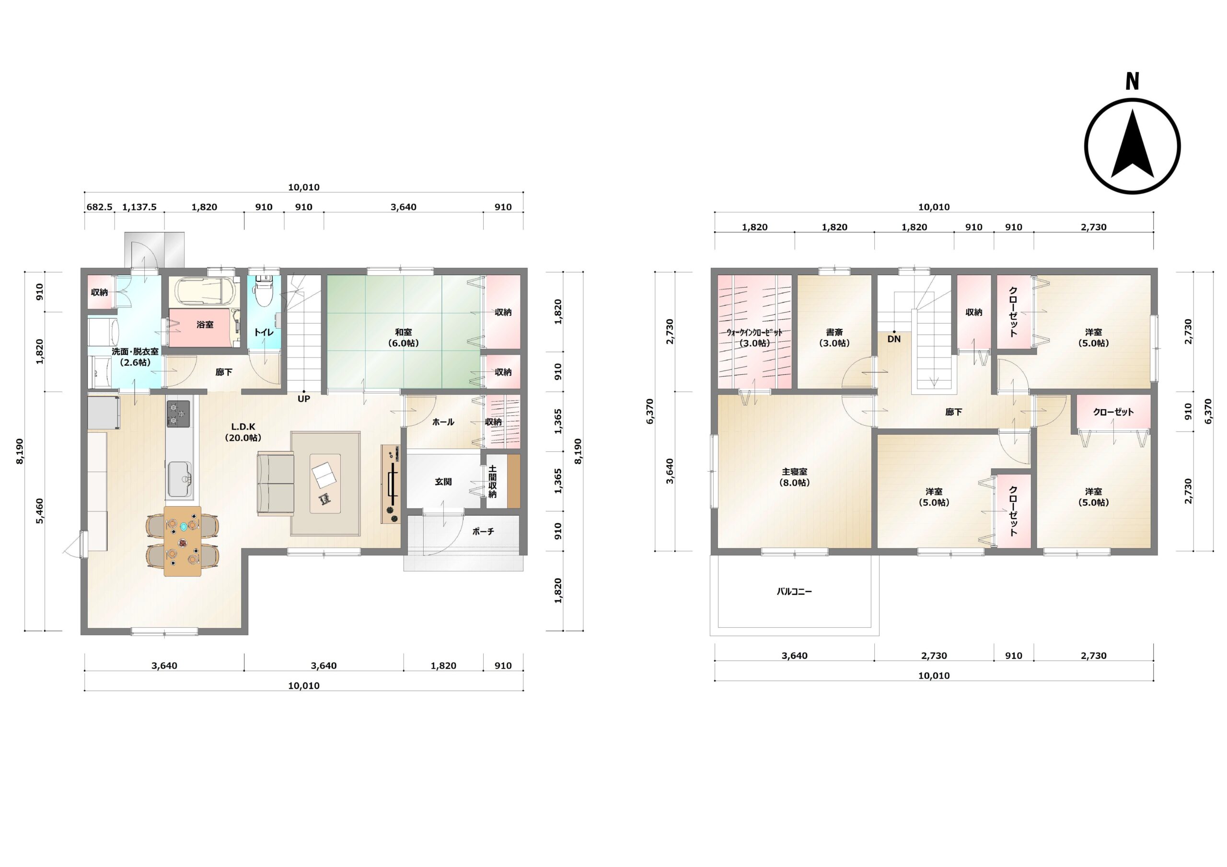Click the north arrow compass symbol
1133,146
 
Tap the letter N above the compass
1132,81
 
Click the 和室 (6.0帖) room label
404,338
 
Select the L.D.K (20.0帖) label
243,432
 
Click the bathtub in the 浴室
205,290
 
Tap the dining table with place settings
183,541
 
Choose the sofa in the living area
276,484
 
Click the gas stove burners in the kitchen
178,413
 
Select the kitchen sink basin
180,479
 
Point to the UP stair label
303,399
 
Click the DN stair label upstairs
893,339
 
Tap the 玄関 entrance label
443,482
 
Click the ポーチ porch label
483,532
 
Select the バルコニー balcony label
794,592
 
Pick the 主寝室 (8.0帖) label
795,477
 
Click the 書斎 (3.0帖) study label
834,338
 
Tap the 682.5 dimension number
99,207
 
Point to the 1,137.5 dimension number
139,207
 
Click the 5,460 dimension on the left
40,511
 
